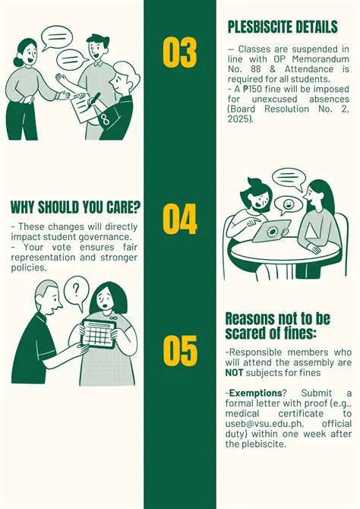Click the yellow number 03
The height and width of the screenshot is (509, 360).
pos(180,52)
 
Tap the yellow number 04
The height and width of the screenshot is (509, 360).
pos(180,219)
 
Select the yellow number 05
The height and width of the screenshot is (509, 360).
pos(180,351)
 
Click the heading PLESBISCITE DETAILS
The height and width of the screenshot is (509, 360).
pos(283,27)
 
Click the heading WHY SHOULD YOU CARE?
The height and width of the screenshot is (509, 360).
pos(76,207)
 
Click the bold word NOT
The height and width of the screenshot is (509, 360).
pos(234,372)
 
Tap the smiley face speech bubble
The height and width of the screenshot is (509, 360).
pos(288,205)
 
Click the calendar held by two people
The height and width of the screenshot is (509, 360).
pos(99,334)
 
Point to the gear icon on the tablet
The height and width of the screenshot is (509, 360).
pos(271,232)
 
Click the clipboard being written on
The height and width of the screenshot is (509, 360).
pos(83,108)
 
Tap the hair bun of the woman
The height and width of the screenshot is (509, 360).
pos(18,61)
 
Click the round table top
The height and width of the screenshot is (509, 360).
pos(284,252)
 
